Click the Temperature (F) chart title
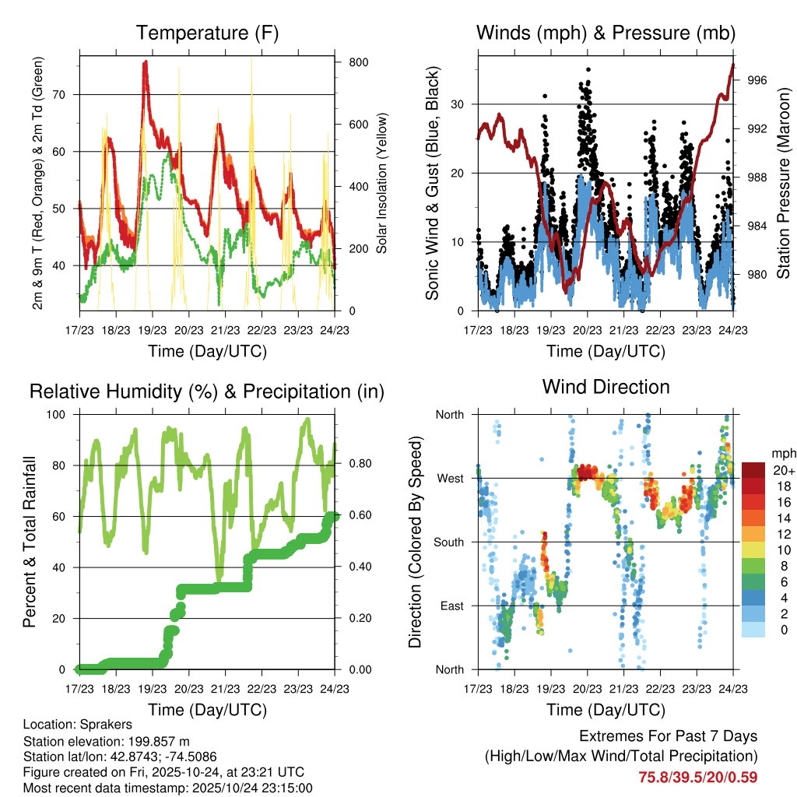(x=207, y=33)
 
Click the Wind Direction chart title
(x=606, y=386)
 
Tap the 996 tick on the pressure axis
(x=757, y=80)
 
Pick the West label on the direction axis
(x=451, y=478)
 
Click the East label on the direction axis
(x=452, y=606)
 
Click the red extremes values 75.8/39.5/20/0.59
(x=697, y=777)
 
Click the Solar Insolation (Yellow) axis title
(x=382, y=183)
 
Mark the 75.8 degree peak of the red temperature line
(x=146, y=62)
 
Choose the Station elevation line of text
(x=107, y=741)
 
